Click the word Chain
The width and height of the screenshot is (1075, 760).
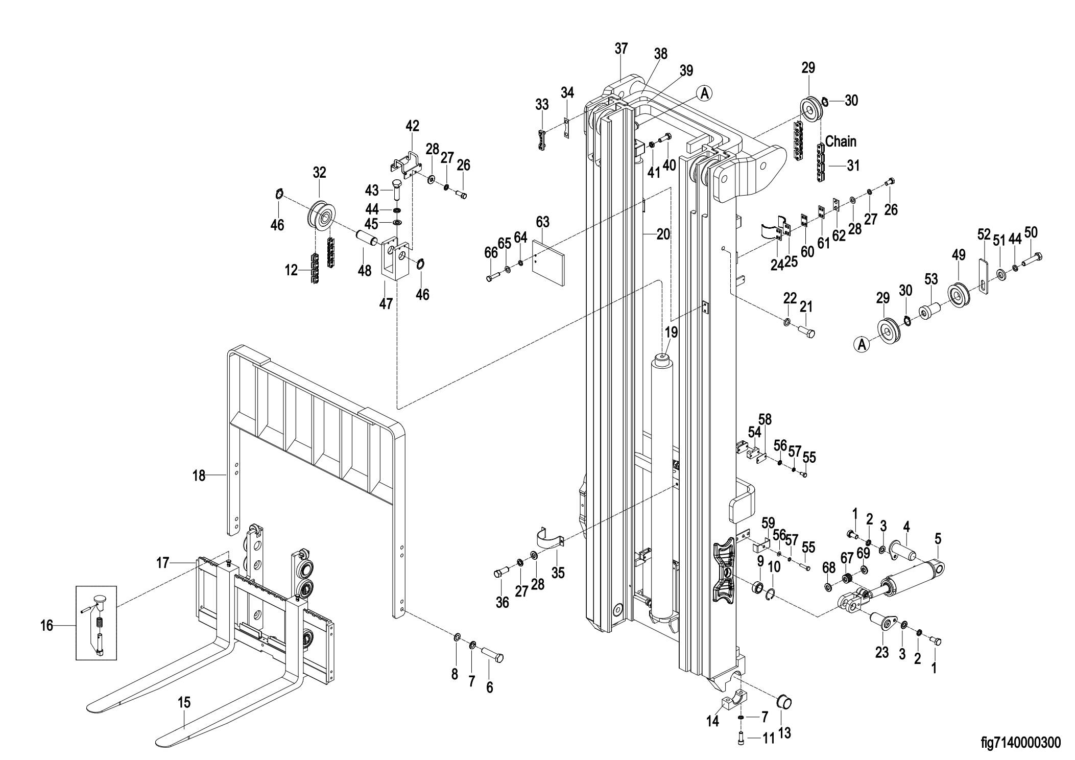[841, 141]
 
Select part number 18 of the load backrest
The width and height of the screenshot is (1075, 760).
[199, 476]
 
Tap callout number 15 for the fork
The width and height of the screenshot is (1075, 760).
[184, 702]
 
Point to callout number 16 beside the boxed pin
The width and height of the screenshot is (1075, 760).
[47, 625]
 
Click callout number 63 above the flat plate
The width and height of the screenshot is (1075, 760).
[542, 222]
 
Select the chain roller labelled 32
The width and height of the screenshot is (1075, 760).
[321, 217]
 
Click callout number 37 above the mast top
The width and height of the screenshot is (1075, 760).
[621, 49]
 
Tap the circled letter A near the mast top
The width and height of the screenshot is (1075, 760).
[705, 93]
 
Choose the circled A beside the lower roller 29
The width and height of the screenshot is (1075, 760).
[861, 345]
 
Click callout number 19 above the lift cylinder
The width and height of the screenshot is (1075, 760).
[671, 332]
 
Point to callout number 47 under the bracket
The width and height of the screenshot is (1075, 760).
[386, 303]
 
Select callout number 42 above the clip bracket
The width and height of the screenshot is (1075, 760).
[412, 126]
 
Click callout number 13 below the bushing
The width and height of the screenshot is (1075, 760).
[784, 733]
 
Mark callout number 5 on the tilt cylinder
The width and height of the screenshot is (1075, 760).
[938, 539]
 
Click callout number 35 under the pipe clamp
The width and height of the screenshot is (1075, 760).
[558, 573]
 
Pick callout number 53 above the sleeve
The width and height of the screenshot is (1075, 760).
[931, 279]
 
